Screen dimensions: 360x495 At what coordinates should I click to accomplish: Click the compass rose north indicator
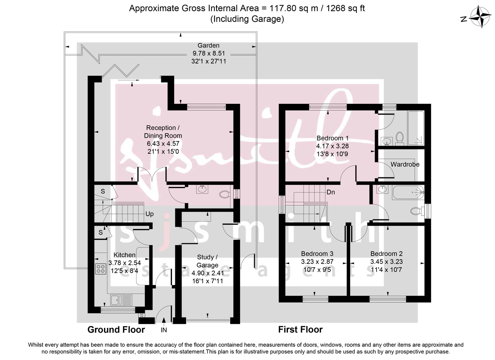[x=478, y=19]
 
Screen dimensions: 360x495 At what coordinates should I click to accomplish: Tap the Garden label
[x=208, y=45]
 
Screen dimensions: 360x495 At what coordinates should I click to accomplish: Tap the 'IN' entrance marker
[x=164, y=330]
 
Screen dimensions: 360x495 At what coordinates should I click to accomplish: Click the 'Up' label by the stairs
[x=150, y=214]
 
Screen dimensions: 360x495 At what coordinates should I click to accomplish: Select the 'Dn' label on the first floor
[x=330, y=192]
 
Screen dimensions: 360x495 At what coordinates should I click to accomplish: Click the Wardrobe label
[x=405, y=164]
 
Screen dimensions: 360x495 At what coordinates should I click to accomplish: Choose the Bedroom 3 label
[x=317, y=254]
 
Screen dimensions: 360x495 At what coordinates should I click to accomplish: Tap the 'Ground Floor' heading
[x=116, y=329]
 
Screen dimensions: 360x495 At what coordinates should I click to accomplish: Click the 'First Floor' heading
[x=300, y=329]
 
